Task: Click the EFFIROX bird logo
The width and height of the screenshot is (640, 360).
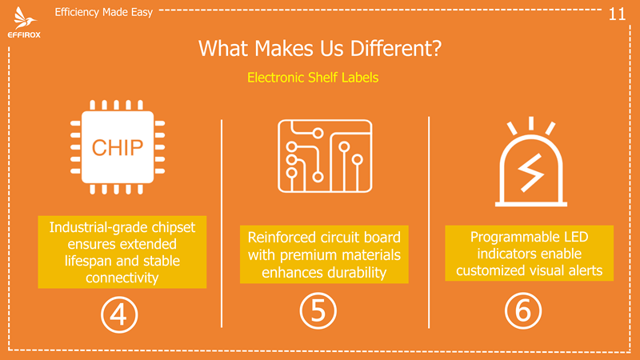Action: (x=24, y=18)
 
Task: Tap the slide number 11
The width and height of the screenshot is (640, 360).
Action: (x=617, y=14)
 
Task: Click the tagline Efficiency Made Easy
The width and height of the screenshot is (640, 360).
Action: (x=104, y=12)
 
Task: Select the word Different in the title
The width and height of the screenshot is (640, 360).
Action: (x=395, y=48)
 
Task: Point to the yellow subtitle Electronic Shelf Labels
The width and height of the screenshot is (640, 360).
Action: (x=313, y=78)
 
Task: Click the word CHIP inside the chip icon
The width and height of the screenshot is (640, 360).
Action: (x=118, y=147)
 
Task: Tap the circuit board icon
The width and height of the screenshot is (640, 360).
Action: (x=325, y=155)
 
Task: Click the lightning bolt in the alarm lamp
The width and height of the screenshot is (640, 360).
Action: (x=531, y=173)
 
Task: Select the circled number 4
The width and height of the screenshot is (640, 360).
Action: (x=119, y=314)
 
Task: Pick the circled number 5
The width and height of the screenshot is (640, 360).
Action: (x=318, y=310)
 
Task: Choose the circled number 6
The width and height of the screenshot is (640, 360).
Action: (x=523, y=310)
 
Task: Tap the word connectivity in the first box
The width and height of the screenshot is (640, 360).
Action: (x=122, y=278)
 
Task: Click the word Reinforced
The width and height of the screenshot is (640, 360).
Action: (x=282, y=237)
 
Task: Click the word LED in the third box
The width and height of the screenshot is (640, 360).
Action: (x=576, y=237)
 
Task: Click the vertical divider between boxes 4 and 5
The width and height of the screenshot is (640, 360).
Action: (x=222, y=223)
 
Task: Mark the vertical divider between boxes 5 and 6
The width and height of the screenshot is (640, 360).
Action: (x=429, y=222)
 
